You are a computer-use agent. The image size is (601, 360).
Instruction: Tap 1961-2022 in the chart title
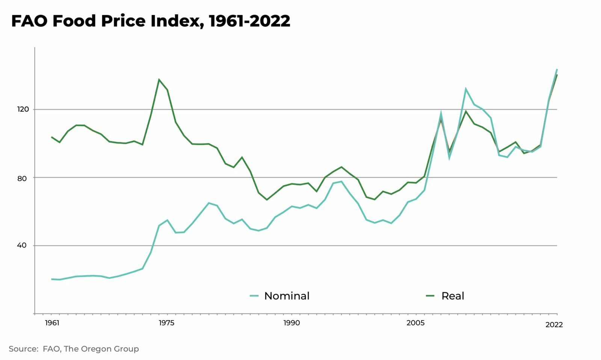click(249, 21)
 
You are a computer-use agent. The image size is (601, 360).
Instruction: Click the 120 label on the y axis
click(23, 109)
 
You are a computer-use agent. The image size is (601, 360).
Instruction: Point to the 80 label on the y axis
click(22, 178)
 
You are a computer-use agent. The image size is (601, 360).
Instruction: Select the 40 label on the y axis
click(22, 246)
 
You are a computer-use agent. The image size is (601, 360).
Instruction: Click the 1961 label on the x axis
click(52, 323)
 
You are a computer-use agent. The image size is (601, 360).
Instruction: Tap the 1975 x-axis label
click(166, 323)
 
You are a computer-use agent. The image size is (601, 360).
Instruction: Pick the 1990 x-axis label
click(291, 323)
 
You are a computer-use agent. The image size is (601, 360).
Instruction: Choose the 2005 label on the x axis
click(415, 323)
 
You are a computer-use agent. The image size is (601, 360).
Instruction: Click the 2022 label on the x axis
click(554, 325)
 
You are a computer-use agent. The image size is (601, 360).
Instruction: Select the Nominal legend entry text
click(287, 296)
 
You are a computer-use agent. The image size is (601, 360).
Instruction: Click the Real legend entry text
click(453, 296)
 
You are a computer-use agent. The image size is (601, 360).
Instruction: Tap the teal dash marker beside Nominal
click(254, 296)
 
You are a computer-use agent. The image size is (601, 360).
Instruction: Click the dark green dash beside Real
click(430, 296)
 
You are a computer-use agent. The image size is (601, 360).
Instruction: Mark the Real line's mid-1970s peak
click(159, 80)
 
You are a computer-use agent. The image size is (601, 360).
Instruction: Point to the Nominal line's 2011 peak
click(465, 89)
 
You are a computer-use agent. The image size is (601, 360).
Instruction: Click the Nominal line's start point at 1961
click(52, 279)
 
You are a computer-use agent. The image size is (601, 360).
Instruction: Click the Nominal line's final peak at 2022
click(557, 69)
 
